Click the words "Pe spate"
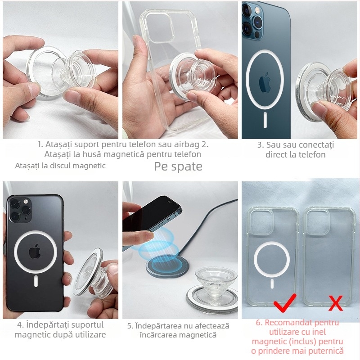[178, 166]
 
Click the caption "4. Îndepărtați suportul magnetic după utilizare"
[60, 329]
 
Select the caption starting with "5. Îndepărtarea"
[178, 330]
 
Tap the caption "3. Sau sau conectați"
[295, 150]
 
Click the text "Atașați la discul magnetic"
[60, 166]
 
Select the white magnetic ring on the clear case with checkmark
[271, 261]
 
